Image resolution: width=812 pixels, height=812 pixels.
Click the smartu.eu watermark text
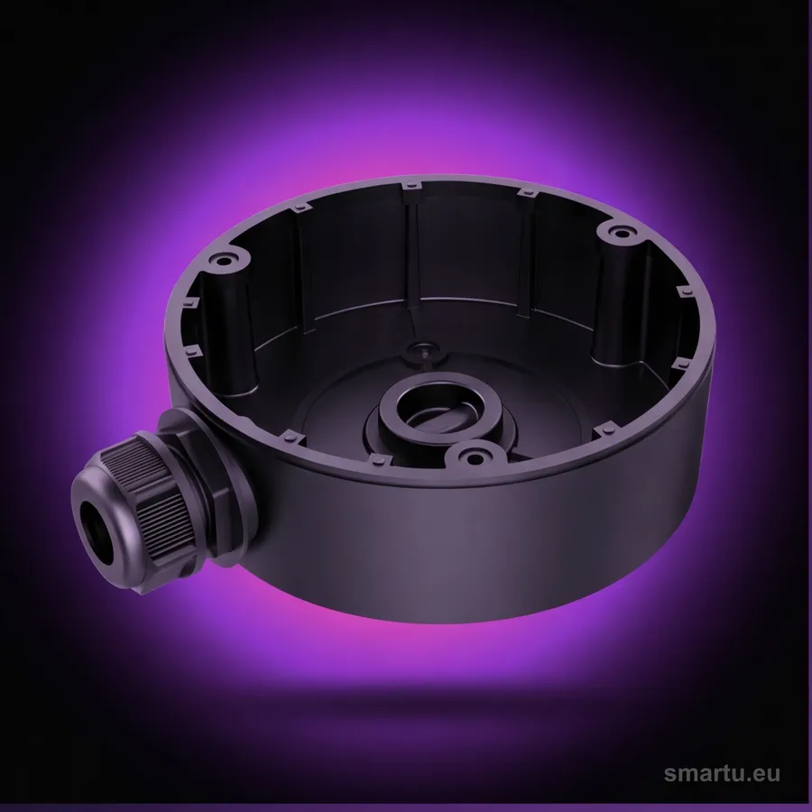722,773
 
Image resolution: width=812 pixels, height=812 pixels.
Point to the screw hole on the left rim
223,258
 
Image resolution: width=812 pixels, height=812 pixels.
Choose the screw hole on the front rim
471,457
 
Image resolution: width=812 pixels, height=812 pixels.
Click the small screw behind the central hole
423,351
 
